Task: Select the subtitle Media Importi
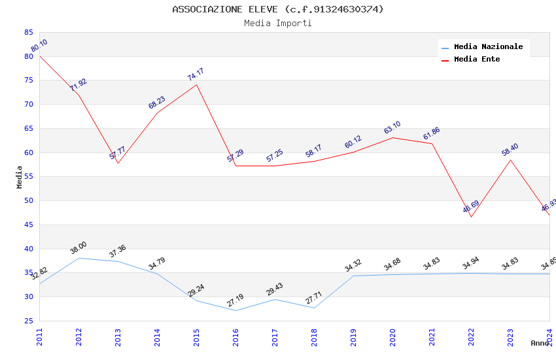pyautogui.click(x=278, y=24)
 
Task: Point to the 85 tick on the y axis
pyautogui.click(x=28, y=32)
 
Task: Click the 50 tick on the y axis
pyautogui.click(x=28, y=201)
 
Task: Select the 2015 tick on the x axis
pyautogui.click(x=196, y=336)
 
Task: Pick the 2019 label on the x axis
pyautogui.click(x=353, y=336)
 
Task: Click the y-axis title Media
pyautogui.click(x=20, y=177)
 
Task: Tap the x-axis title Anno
pyautogui.click(x=540, y=343)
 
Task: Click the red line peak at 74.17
pyautogui.click(x=196, y=84)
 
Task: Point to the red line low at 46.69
pyautogui.click(x=471, y=217)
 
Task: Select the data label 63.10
pyautogui.click(x=392, y=128)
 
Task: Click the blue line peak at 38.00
pyautogui.click(x=78, y=258)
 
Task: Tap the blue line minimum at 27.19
pyautogui.click(x=235, y=310)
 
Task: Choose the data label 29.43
pyautogui.click(x=275, y=289)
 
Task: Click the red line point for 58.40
pyautogui.click(x=510, y=160)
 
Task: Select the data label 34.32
pyautogui.click(x=353, y=265)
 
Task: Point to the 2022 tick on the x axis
pyautogui.click(x=471, y=336)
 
